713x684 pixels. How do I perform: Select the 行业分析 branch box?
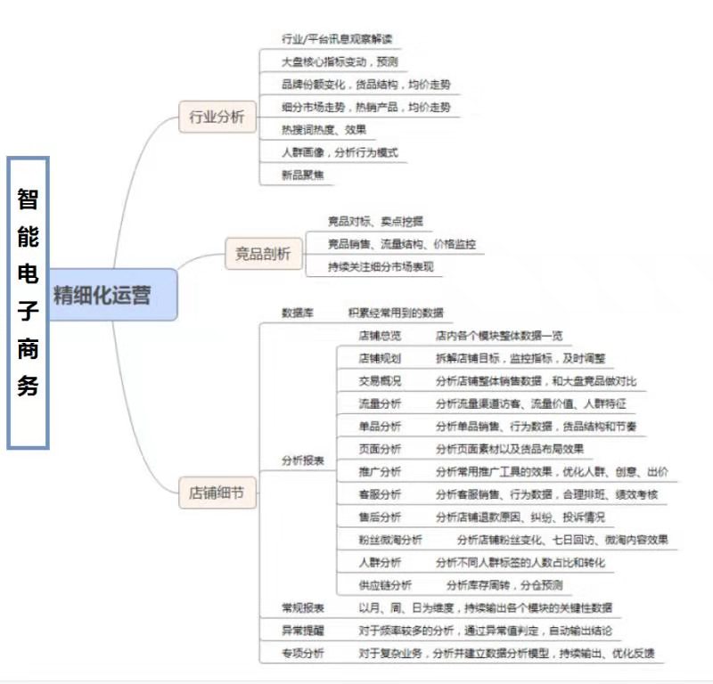pos(217,118)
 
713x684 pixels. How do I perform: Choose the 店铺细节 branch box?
pos(217,492)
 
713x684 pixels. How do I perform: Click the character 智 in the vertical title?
pos(28,198)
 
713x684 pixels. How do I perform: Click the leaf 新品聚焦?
pos(303,175)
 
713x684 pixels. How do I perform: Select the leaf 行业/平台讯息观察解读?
pos(336,39)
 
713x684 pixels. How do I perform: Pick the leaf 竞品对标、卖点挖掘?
pos(376,221)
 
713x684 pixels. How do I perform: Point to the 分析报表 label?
pos(303,460)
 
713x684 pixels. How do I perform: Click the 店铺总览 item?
pos(380,336)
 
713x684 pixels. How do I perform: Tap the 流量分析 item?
pos(380,403)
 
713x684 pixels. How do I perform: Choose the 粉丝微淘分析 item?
pos(390,540)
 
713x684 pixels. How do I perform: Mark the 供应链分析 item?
pos(385,585)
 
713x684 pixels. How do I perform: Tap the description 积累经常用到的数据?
pos(396,313)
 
